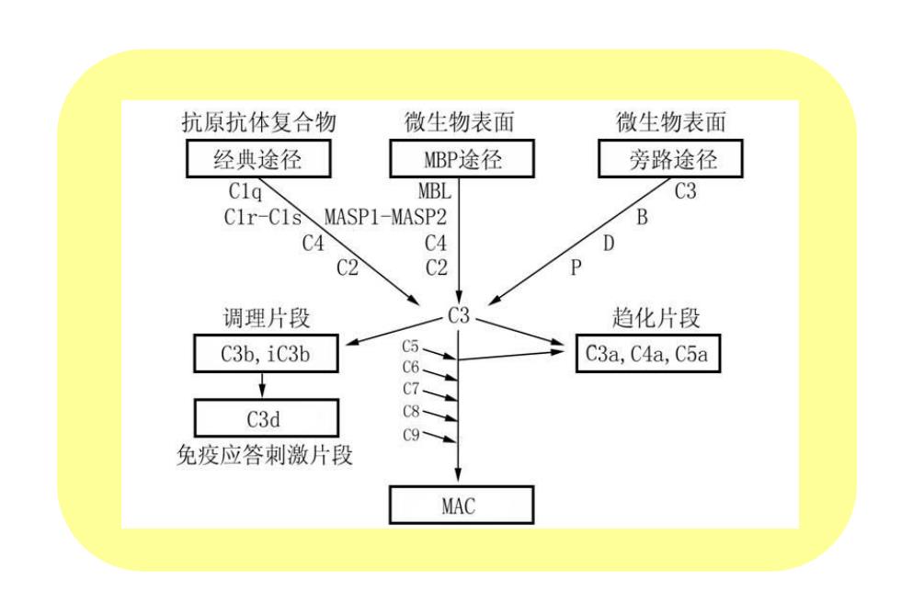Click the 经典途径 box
258,158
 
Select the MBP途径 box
462,158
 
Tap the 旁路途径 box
670,158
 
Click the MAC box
462,505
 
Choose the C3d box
266,418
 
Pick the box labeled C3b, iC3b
266,354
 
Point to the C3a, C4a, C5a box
647,354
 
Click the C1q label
245,191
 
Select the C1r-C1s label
263,217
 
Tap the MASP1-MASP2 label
385,217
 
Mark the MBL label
434,190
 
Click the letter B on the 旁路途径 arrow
642,217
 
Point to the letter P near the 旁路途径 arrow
576,267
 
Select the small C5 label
410,347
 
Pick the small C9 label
411,435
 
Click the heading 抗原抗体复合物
258,122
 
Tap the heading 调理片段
267,318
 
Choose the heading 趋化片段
656,318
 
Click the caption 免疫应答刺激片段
265,456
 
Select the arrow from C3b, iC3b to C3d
263,385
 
